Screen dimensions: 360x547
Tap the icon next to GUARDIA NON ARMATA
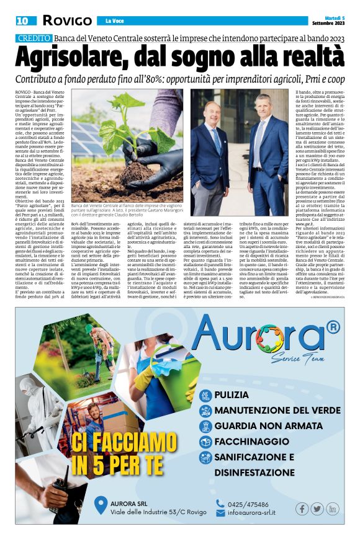205,426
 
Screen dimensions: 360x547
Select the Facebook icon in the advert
302,509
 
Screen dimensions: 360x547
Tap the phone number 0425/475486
248,504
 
